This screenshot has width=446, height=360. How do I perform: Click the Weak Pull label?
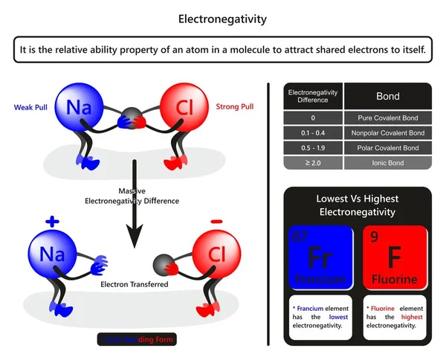[x=32, y=107]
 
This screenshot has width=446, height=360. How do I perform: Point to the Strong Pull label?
[x=234, y=107]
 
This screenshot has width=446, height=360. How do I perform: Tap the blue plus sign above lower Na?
[x=51, y=222]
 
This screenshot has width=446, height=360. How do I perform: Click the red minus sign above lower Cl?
[x=216, y=221]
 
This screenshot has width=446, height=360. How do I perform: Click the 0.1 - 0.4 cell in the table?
[x=312, y=133]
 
